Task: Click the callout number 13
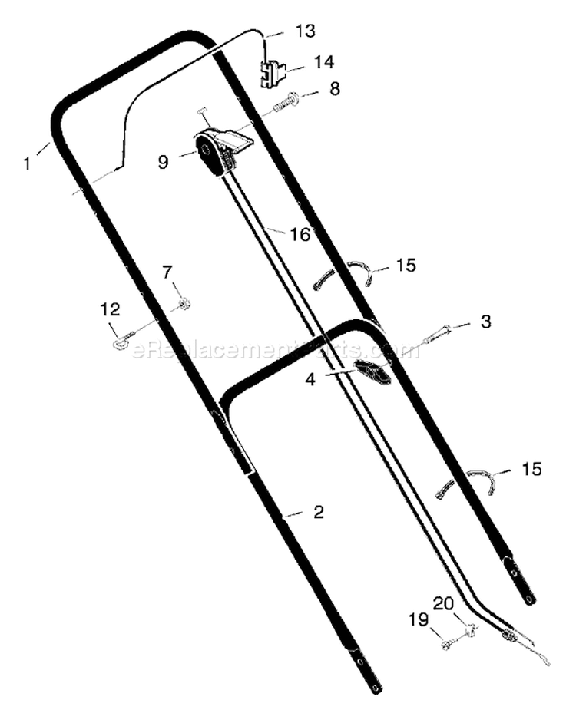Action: click(x=305, y=31)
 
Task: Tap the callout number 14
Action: click(x=324, y=62)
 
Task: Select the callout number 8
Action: click(x=335, y=88)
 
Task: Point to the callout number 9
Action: click(x=164, y=162)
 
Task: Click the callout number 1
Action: click(x=28, y=163)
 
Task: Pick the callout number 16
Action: click(x=300, y=235)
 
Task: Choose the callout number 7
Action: click(x=167, y=272)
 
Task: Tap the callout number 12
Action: click(x=111, y=309)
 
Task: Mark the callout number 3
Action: click(x=485, y=322)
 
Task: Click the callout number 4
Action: click(x=310, y=379)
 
